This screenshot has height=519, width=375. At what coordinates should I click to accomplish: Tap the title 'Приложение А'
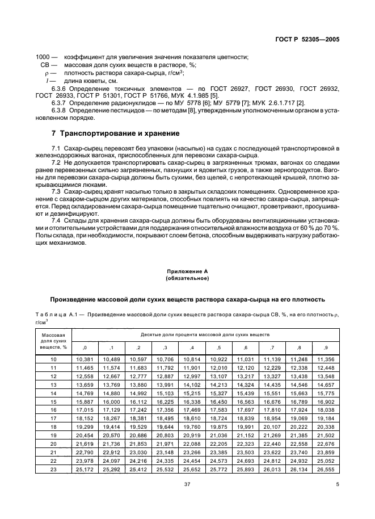[x=187, y=272]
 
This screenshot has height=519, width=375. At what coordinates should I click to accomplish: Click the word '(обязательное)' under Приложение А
[x=187, y=279]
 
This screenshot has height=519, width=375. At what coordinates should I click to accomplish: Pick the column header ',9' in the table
[x=325, y=348]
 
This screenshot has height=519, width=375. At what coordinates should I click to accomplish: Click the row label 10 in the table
[x=54, y=360]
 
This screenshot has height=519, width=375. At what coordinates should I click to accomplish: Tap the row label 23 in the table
[x=54, y=470]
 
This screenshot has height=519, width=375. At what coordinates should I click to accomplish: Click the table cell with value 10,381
[x=84, y=360]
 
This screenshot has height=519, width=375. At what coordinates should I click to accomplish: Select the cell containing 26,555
[x=325, y=470]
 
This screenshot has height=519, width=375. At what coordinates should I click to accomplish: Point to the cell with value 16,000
[x=111, y=402]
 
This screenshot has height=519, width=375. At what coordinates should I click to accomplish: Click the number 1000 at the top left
[x=43, y=57]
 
